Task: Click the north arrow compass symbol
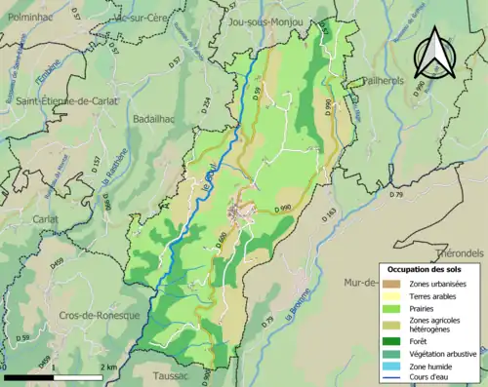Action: point(432,58)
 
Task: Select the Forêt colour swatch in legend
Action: point(395,340)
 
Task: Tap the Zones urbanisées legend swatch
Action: point(395,282)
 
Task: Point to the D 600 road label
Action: point(223,238)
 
